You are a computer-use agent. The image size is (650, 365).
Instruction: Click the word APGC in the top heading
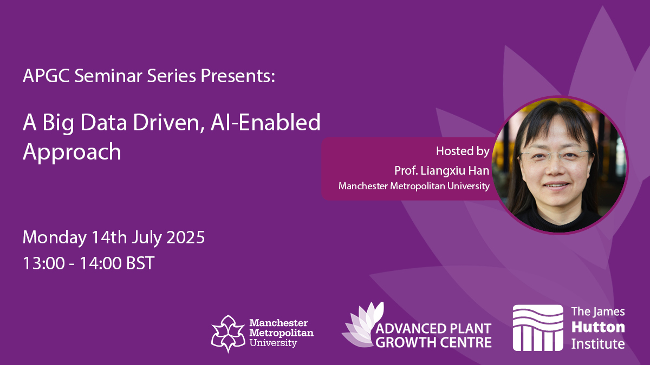tap(46, 76)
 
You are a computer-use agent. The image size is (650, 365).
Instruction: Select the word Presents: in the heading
tap(238, 76)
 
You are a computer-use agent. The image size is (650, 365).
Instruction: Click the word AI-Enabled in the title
tap(265, 123)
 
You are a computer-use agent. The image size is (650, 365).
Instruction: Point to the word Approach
tap(71, 152)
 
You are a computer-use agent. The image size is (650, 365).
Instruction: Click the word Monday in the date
tap(55, 238)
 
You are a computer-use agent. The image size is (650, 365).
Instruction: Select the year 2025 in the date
tap(185, 237)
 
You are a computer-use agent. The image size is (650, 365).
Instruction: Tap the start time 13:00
tap(43, 263)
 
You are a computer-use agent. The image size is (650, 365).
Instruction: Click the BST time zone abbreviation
tap(140, 263)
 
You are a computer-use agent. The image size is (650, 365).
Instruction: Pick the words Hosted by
tap(463, 151)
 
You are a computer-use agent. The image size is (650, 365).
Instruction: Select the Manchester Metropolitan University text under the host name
tap(414, 186)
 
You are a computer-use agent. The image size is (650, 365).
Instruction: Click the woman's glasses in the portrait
tap(555, 156)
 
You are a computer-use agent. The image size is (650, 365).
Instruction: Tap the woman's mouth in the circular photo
tap(556, 185)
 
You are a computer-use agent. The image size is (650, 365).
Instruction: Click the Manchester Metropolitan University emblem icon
tap(229, 334)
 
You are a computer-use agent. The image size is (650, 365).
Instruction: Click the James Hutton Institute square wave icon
tap(538, 328)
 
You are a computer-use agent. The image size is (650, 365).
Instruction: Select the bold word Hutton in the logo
tap(598, 327)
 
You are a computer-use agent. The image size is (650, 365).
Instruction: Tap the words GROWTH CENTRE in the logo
tap(433, 342)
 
